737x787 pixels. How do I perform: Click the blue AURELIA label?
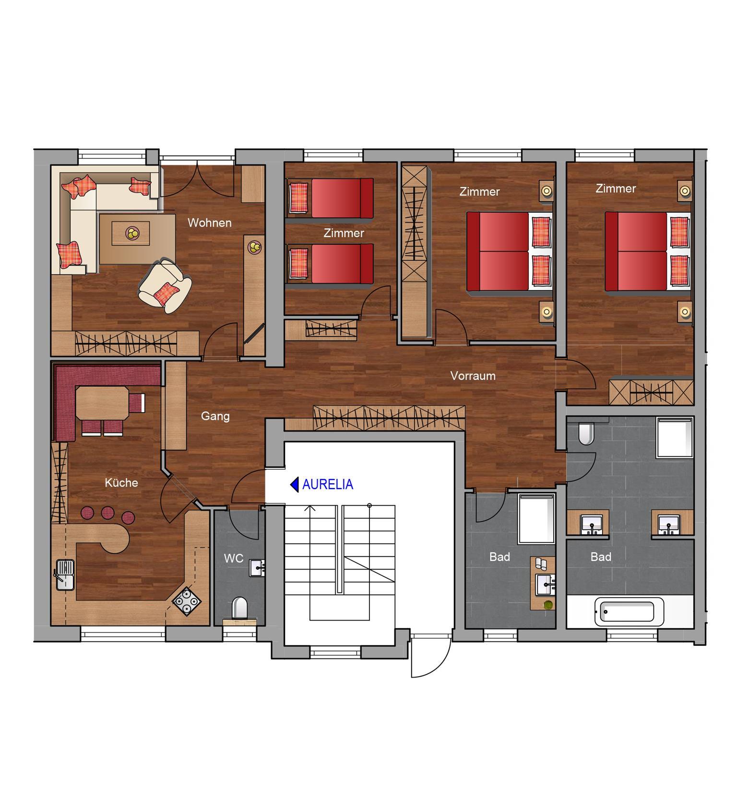coord(328,485)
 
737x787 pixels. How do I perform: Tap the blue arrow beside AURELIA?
coord(295,485)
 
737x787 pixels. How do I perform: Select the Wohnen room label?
coord(210,223)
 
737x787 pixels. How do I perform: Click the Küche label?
coord(121,483)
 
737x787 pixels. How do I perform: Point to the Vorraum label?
coord(473,376)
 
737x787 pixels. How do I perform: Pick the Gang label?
coord(215,416)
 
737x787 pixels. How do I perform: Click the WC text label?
coord(234,559)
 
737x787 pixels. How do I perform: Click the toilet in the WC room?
coord(239,608)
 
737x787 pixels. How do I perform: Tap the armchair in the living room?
coord(165,286)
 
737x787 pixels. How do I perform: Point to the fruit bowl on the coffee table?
coord(132,233)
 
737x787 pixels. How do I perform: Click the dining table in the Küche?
coord(102,404)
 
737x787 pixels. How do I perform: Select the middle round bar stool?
coord(107,513)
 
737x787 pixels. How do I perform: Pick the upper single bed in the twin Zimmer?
coord(330,198)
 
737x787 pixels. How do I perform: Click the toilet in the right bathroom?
coord(586,434)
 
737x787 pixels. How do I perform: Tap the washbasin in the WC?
coord(257,568)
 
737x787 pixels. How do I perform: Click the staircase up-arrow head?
coord(311,508)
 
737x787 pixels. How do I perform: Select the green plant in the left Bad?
coord(547,605)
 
